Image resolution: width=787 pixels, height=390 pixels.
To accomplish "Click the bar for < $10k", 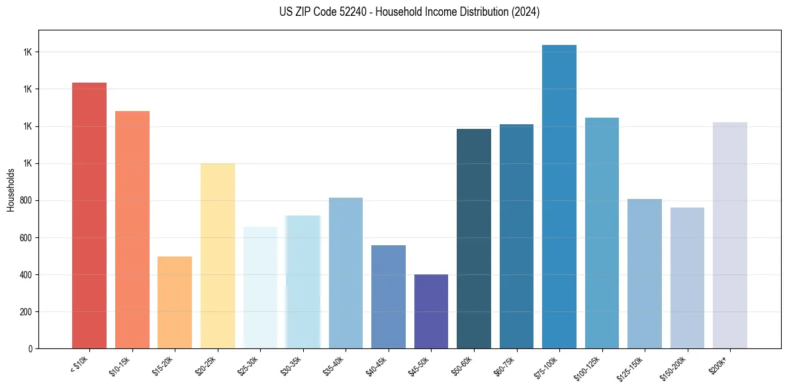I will pos(89,215).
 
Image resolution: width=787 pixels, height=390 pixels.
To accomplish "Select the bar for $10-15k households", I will pos(132,229).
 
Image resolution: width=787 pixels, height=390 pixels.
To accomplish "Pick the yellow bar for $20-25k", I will pos(218,256).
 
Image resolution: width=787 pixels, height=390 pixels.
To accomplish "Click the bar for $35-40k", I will pos(346,273).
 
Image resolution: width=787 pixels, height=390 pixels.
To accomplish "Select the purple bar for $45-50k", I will pos(431,311).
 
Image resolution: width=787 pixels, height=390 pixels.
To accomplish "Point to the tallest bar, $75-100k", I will pos(559,196).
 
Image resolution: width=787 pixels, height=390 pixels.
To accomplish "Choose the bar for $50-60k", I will pos(474,239).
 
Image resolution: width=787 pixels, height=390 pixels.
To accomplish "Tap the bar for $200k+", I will pos(730,235).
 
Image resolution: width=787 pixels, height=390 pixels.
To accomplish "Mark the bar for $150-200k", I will pos(687,278).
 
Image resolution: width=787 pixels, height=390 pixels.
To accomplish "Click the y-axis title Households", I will pos(11,189).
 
